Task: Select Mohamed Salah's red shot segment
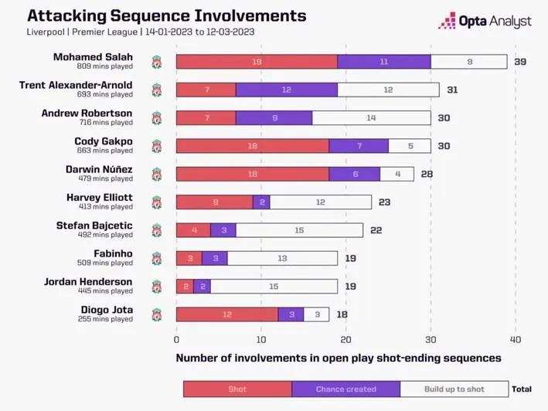(257, 62)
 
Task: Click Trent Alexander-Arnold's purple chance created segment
(287, 90)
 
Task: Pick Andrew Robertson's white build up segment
(372, 117)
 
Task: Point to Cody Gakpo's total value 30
(444, 146)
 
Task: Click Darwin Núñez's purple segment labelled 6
(355, 174)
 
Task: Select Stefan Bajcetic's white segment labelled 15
(300, 230)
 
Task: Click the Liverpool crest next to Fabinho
(156, 258)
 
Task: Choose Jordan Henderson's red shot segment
(185, 286)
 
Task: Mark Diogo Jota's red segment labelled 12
(227, 314)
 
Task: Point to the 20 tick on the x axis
(346, 339)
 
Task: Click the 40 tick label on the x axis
(516, 339)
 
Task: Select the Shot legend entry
(237, 389)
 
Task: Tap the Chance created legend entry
(346, 389)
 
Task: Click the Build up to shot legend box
(454, 389)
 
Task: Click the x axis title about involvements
(339, 358)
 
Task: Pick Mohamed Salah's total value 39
(520, 62)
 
